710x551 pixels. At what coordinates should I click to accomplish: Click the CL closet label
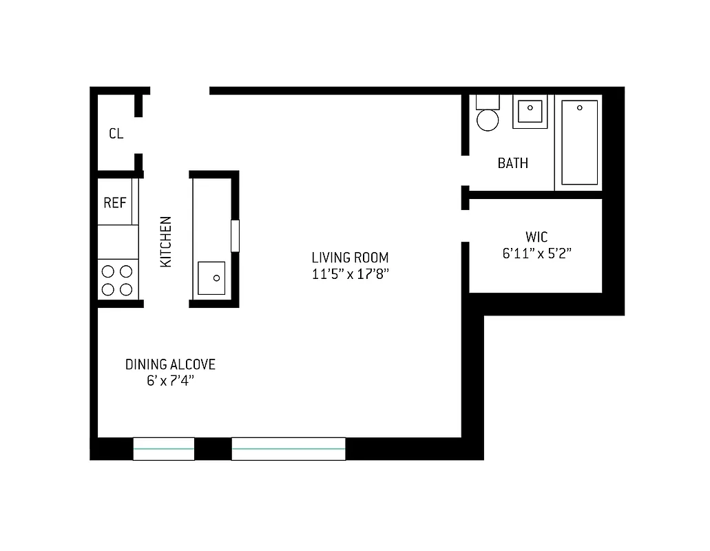pyautogui.click(x=116, y=134)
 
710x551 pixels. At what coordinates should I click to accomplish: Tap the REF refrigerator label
pyautogui.click(x=114, y=202)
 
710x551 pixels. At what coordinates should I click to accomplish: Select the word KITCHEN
pyautogui.click(x=166, y=242)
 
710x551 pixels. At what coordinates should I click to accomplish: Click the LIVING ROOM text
pyautogui.click(x=350, y=258)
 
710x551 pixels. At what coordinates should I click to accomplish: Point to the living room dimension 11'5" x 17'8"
pyautogui.click(x=350, y=274)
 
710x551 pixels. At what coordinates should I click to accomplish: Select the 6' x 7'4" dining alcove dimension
pyautogui.click(x=170, y=381)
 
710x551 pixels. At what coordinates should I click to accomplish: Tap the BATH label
pyautogui.click(x=513, y=163)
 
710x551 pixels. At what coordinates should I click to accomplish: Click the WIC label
pyautogui.click(x=536, y=237)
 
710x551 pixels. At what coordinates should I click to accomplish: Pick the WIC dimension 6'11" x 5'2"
pyautogui.click(x=537, y=253)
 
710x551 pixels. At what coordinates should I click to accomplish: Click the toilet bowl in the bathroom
pyautogui.click(x=488, y=119)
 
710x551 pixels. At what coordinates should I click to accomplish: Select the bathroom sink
pyautogui.click(x=530, y=110)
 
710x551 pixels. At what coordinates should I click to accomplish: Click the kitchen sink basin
pyautogui.click(x=211, y=278)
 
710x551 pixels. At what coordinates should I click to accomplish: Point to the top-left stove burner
pyautogui.click(x=108, y=271)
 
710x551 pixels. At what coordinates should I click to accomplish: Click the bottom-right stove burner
pyautogui.click(x=126, y=289)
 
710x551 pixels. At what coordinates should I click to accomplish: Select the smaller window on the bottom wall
pyautogui.click(x=163, y=448)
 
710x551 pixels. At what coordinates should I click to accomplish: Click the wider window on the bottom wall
pyautogui.click(x=288, y=448)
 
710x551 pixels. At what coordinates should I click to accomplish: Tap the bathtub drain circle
pyautogui.click(x=580, y=108)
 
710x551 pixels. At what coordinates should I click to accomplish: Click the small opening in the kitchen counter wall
pyautogui.click(x=235, y=236)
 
